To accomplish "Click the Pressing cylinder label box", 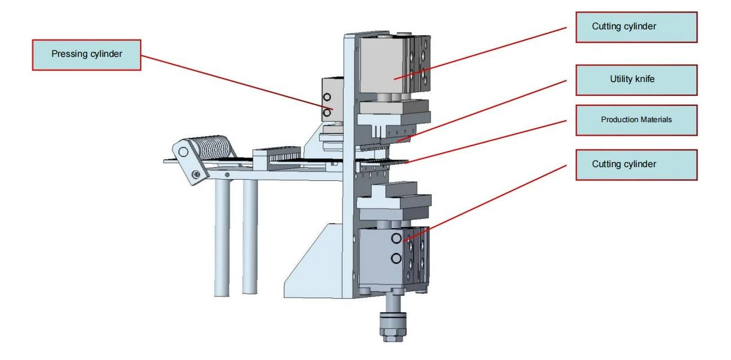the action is (86, 55).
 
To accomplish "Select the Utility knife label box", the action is (636, 80).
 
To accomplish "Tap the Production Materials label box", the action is (636, 120).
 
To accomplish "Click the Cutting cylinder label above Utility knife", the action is (636, 27).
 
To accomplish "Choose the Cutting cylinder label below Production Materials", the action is (636, 165).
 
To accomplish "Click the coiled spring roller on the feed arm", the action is (214, 147).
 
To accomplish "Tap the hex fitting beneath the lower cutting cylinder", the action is (393, 328).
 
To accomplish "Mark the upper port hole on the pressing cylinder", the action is (327, 97).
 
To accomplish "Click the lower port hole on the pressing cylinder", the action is (327, 113).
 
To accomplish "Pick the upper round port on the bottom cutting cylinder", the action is (396, 238).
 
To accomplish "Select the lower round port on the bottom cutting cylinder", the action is (396, 259).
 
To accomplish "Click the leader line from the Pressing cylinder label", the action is (237, 82).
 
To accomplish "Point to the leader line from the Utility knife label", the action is (482, 111).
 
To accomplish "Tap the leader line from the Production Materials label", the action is (487, 141).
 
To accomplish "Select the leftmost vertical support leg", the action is (222, 238).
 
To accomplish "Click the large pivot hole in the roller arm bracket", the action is (183, 152).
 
